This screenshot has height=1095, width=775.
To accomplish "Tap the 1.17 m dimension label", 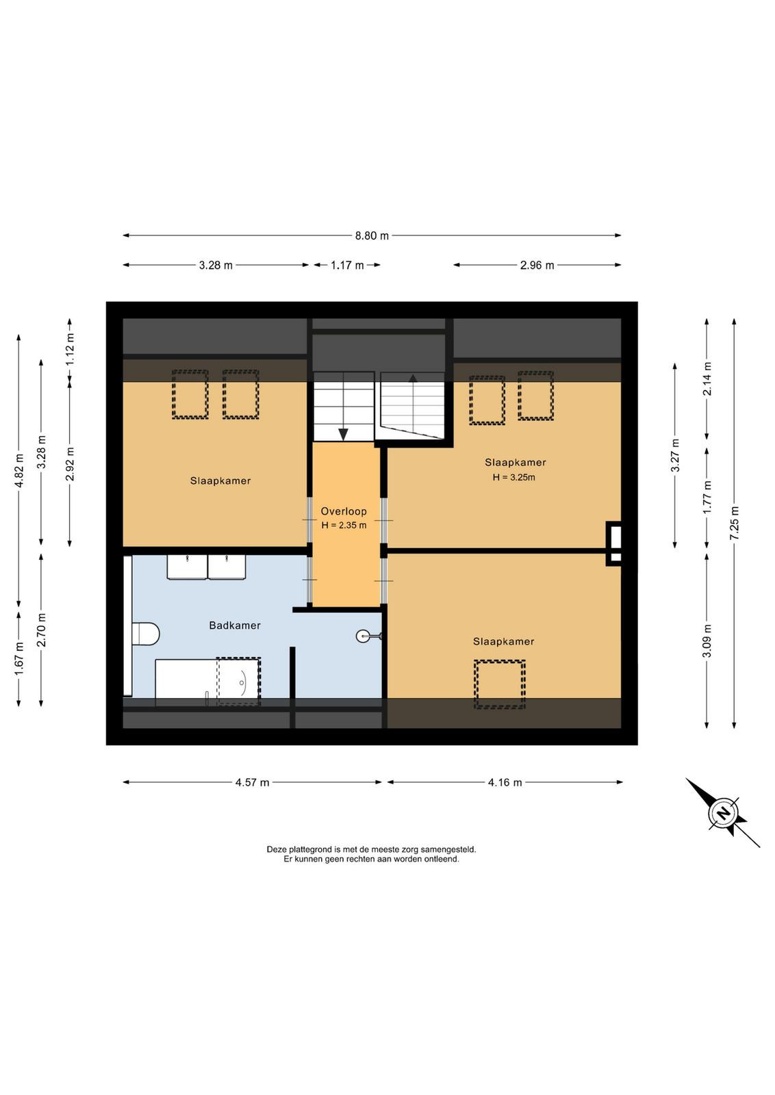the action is coord(347,266).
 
